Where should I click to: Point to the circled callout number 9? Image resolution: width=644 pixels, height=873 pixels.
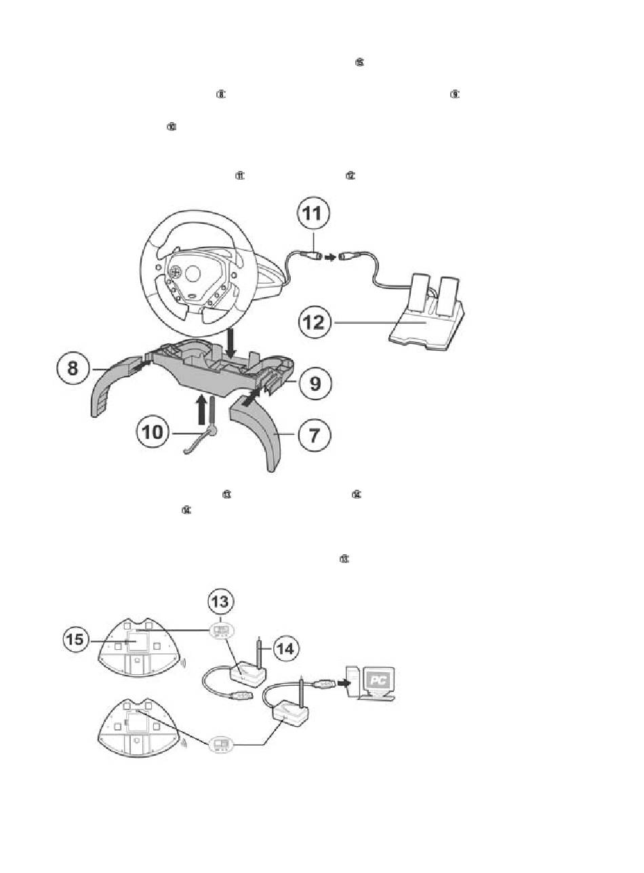315,384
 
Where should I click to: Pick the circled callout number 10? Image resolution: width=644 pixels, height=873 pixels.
153,432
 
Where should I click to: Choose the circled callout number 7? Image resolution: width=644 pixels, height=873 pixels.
315,434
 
